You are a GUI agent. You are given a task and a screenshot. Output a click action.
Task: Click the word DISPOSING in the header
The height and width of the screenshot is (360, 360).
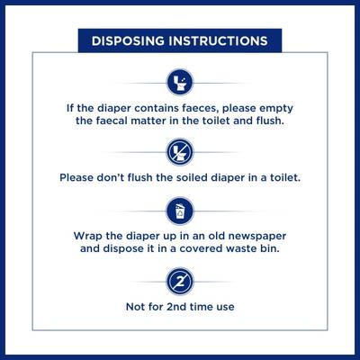pos(128,40)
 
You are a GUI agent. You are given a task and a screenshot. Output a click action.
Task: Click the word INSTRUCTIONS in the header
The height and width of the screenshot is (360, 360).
pos(218,40)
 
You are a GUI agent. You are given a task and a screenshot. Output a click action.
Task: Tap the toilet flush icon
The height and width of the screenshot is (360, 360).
pos(180,83)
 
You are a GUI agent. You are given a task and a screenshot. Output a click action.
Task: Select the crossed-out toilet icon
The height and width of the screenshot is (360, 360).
pos(180,152)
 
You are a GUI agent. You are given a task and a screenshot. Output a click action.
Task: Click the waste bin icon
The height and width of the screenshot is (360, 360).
pos(180,211)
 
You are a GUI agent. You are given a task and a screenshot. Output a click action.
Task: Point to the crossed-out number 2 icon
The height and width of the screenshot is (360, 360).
pos(180,282)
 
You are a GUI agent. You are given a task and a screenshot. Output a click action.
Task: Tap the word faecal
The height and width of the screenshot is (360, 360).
pos(112,121)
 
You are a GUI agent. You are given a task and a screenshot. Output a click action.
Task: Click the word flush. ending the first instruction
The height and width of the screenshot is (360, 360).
pos(270,121)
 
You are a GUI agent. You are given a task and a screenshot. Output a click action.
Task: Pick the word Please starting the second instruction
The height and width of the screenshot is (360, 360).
pos(76,177)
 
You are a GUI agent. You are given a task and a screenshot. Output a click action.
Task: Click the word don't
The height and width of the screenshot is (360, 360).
pos(110,177)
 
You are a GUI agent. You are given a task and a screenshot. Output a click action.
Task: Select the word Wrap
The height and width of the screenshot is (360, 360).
pos(88,236)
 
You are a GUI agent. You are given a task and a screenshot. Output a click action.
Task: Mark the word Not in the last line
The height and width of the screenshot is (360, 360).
pos(134,307)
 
